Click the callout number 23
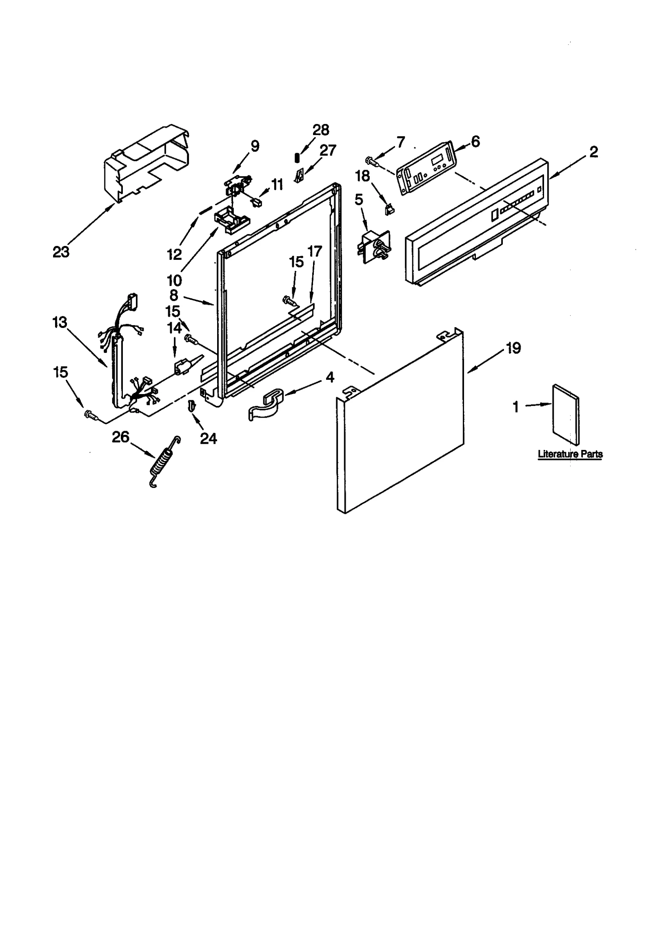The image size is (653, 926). click(61, 252)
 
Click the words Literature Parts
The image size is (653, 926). click(570, 454)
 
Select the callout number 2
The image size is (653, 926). click(593, 152)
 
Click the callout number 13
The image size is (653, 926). click(60, 322)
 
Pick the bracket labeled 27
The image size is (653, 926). click(300, 176)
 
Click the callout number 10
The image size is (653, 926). click(174, 280)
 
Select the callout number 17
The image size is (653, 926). click(315, 251)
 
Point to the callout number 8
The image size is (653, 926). click(174, 295)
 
